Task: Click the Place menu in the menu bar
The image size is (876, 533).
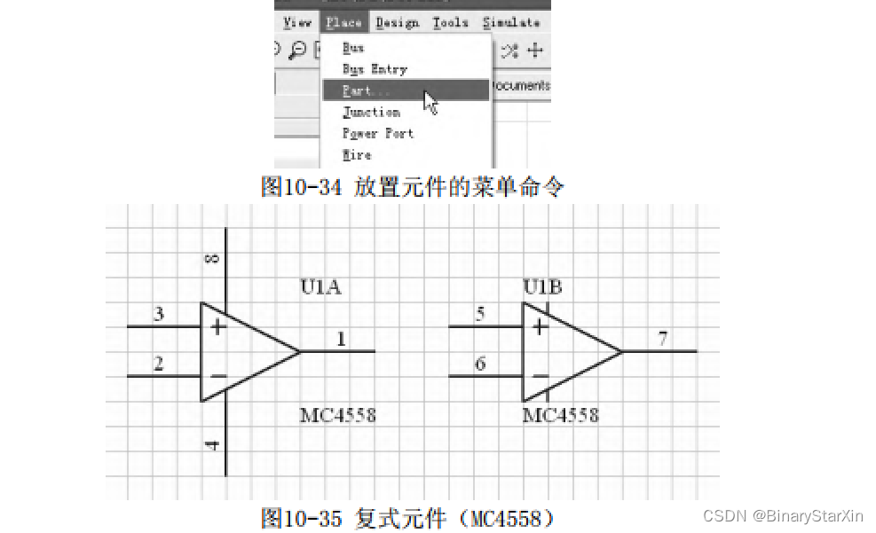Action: coord(343,22)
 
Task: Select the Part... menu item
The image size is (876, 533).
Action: coord(367,90)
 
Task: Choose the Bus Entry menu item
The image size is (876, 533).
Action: coord(375,69)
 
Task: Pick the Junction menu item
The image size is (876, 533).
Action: coord(371,112)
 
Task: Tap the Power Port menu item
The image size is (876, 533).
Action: coord(378,133)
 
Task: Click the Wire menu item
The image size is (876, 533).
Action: coord(357,154)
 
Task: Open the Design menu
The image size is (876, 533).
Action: coord(398,22)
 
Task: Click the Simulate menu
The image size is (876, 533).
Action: coord(511,22)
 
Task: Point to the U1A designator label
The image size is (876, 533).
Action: coord(320,286)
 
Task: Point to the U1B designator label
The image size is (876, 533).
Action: coord(542,286)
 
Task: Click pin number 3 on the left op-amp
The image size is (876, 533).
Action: coord(159,314)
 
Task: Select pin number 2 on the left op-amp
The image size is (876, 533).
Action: coord(159,364)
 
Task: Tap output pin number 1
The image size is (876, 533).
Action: coord(341,339)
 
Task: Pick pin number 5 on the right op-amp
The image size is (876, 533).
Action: coord(480,314)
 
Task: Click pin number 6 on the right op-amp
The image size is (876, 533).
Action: coord(480,364)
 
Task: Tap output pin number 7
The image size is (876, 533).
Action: coord(663,339)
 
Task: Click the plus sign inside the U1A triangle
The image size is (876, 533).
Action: coord(217,327)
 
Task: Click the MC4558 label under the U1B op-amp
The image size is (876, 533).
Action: coord(560,414)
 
